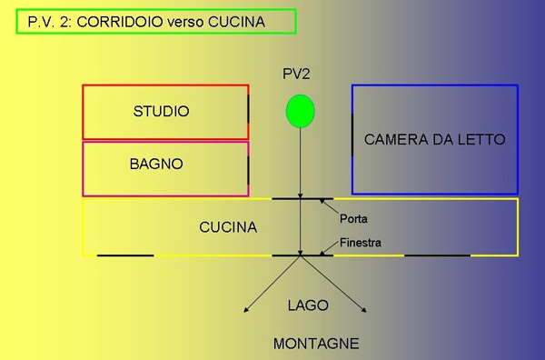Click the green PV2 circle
[x=300, y=111]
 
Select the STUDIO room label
[x=161, y=112]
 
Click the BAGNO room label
[x=155, y=165]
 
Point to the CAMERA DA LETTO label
[x=434, y=140]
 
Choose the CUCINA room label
[x=228, y=226]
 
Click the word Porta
[x=353, y=219]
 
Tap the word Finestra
[x=360, y=243]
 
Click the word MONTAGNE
[x=316, y=344]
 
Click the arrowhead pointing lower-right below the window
[x=365, y=313]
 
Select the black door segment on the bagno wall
[x=248, y=169]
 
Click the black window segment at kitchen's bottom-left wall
[x=125, y=255]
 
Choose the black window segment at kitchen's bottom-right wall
[x=437, y=255]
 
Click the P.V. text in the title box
[x=42, y=22]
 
